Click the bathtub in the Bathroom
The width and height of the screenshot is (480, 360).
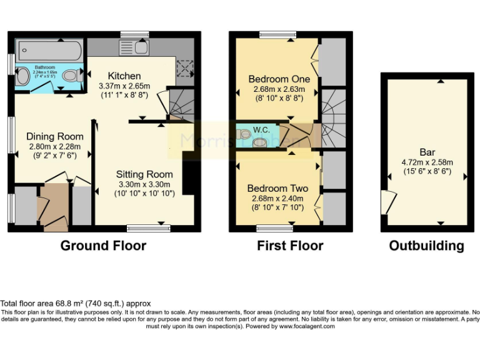(47, 49)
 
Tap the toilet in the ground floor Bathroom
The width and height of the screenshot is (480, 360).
(71, 76)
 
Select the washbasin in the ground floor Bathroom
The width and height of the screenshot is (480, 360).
(22, 76)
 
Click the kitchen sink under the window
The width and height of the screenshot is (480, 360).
(132, 47)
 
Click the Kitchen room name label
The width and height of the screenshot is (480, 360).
(124, 76)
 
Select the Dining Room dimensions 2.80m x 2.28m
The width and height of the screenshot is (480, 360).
(54, 147)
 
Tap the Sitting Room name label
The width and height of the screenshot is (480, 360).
(144, 174)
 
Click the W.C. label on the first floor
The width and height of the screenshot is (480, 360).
(261, 130)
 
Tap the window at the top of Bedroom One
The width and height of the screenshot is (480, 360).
(273, 34)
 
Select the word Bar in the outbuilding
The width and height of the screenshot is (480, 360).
(427, 152)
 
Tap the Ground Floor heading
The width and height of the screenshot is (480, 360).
(103, 246)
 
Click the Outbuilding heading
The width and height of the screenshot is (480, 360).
(426, 246)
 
